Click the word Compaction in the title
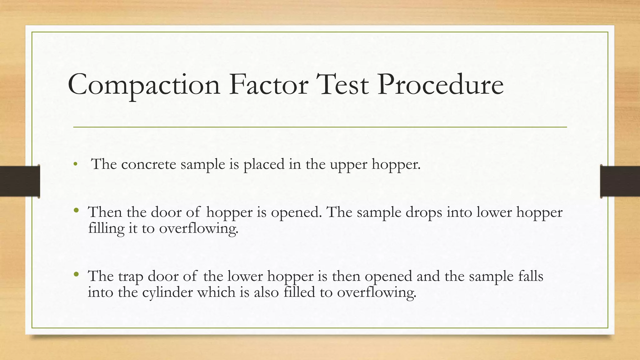tap(144, 85)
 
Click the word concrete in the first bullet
tap(148, 164)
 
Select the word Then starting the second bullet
tap(105, 212)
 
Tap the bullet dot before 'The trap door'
tap(76, 274)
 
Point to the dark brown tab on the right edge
tap(620, 181)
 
